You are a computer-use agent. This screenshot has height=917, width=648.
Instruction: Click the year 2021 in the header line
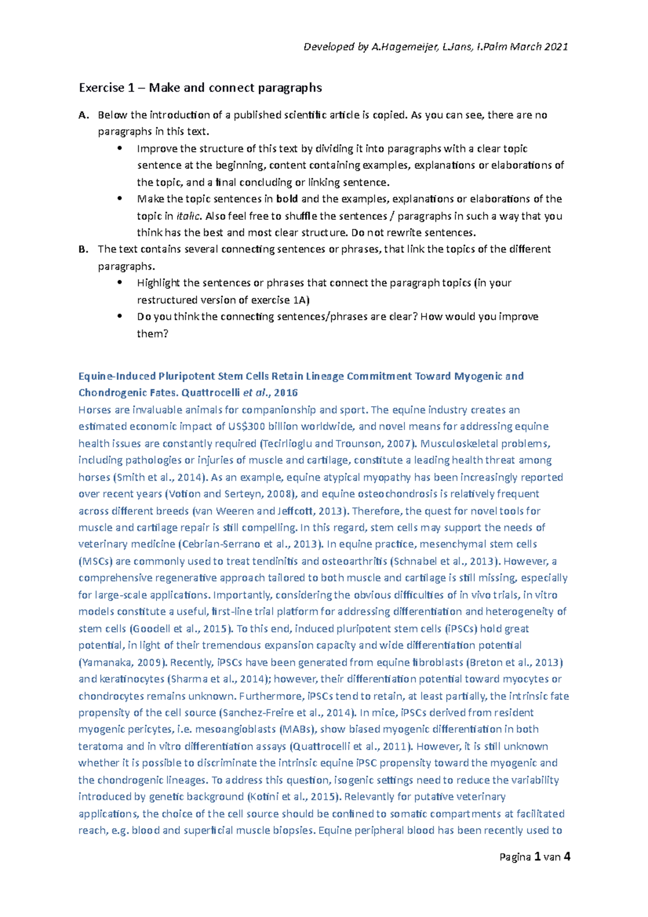(556, 47)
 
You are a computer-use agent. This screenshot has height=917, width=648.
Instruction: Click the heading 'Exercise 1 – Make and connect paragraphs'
(200, 87)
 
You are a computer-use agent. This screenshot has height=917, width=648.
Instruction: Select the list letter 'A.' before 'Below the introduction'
(83, 115)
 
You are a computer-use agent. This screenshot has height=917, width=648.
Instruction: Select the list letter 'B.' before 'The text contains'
(83, 250)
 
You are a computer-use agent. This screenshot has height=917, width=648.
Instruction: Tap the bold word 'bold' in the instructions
(287, 199)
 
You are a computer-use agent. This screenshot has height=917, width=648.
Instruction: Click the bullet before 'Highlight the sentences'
(120, 282)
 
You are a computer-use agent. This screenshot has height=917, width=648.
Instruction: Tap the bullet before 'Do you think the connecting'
(120, 316)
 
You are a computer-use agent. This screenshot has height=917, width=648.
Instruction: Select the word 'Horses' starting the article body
(95, 410)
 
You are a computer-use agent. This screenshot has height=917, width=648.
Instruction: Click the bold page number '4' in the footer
(566, 857)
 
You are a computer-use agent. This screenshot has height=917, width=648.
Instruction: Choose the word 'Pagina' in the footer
(515, 858)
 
